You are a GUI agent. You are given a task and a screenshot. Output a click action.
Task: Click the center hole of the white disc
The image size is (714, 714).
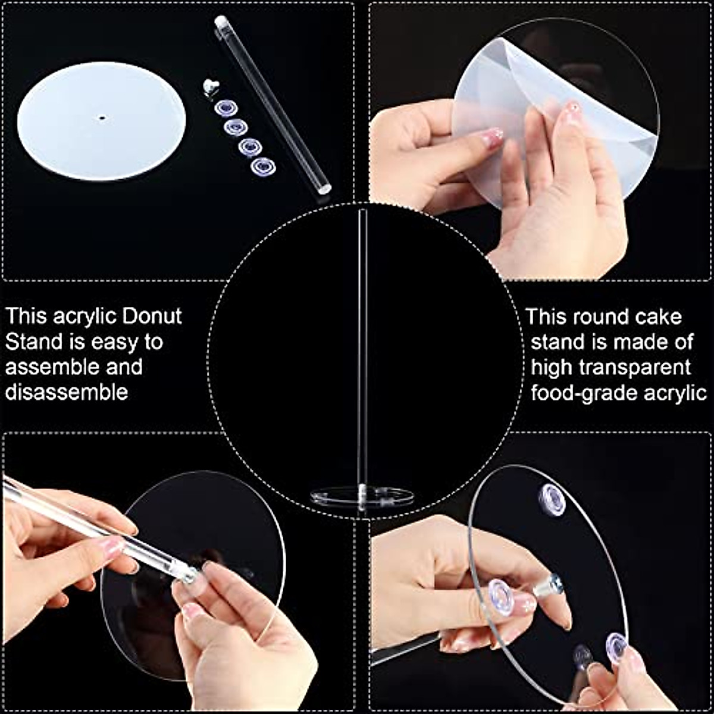[x=101, y=118]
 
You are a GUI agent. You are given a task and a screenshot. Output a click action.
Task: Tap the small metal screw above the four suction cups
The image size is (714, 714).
[x=209, y=86]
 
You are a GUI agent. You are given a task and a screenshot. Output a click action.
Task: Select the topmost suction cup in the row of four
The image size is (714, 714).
[x=226, y=108]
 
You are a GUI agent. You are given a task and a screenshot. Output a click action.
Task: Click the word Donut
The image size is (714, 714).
[x=152, y=316]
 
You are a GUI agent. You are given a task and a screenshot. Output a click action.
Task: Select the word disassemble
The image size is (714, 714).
[x=67, y=393]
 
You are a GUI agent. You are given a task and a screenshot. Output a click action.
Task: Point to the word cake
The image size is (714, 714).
[x=654, y=317]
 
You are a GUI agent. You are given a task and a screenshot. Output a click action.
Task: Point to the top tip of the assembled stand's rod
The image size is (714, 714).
[x=362, y=211]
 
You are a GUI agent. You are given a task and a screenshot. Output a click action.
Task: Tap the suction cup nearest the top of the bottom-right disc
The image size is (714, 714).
[x=552, y=499]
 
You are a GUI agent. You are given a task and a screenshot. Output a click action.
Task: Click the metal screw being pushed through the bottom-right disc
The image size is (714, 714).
[x=549, y=585]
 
